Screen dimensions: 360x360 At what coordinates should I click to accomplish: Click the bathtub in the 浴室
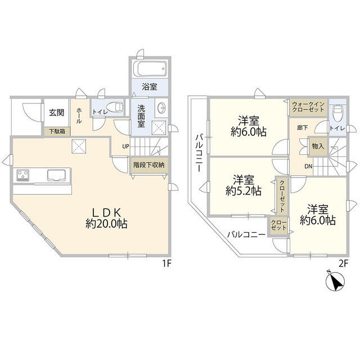click(x=150, y=68)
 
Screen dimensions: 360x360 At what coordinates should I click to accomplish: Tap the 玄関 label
click(x=56, y=112)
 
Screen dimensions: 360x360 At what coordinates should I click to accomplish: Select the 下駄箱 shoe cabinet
click(x=57, y=131)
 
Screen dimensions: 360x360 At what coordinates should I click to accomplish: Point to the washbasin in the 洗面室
click(x=162, y=107)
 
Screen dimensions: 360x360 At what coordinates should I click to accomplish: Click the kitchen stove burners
click(x=22, y=175)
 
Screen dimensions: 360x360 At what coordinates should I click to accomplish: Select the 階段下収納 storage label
click(x=148, y=165)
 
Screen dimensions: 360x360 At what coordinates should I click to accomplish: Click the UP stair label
click(x=125, y=146)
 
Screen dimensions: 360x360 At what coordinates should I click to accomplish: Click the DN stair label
click(x=308, y=166)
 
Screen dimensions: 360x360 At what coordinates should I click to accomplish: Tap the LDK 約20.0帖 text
click(x=106, y=218)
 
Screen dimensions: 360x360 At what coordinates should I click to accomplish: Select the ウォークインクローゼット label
click(x=308, y=107)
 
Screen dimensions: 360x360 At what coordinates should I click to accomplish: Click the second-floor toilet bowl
click(x=337, y=113)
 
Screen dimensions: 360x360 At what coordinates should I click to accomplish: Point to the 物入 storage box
click(x=318, y=146)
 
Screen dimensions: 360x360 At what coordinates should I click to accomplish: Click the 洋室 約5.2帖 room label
click(x=244, y=185)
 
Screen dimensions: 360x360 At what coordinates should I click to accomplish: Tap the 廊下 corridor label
click(x=302, y=128)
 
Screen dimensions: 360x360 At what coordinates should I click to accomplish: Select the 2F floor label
click(x=344, y=264)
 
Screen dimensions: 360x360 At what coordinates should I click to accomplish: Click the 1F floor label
click(x=167, y=264)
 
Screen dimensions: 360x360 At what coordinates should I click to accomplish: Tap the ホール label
click(x=79, y=115)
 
